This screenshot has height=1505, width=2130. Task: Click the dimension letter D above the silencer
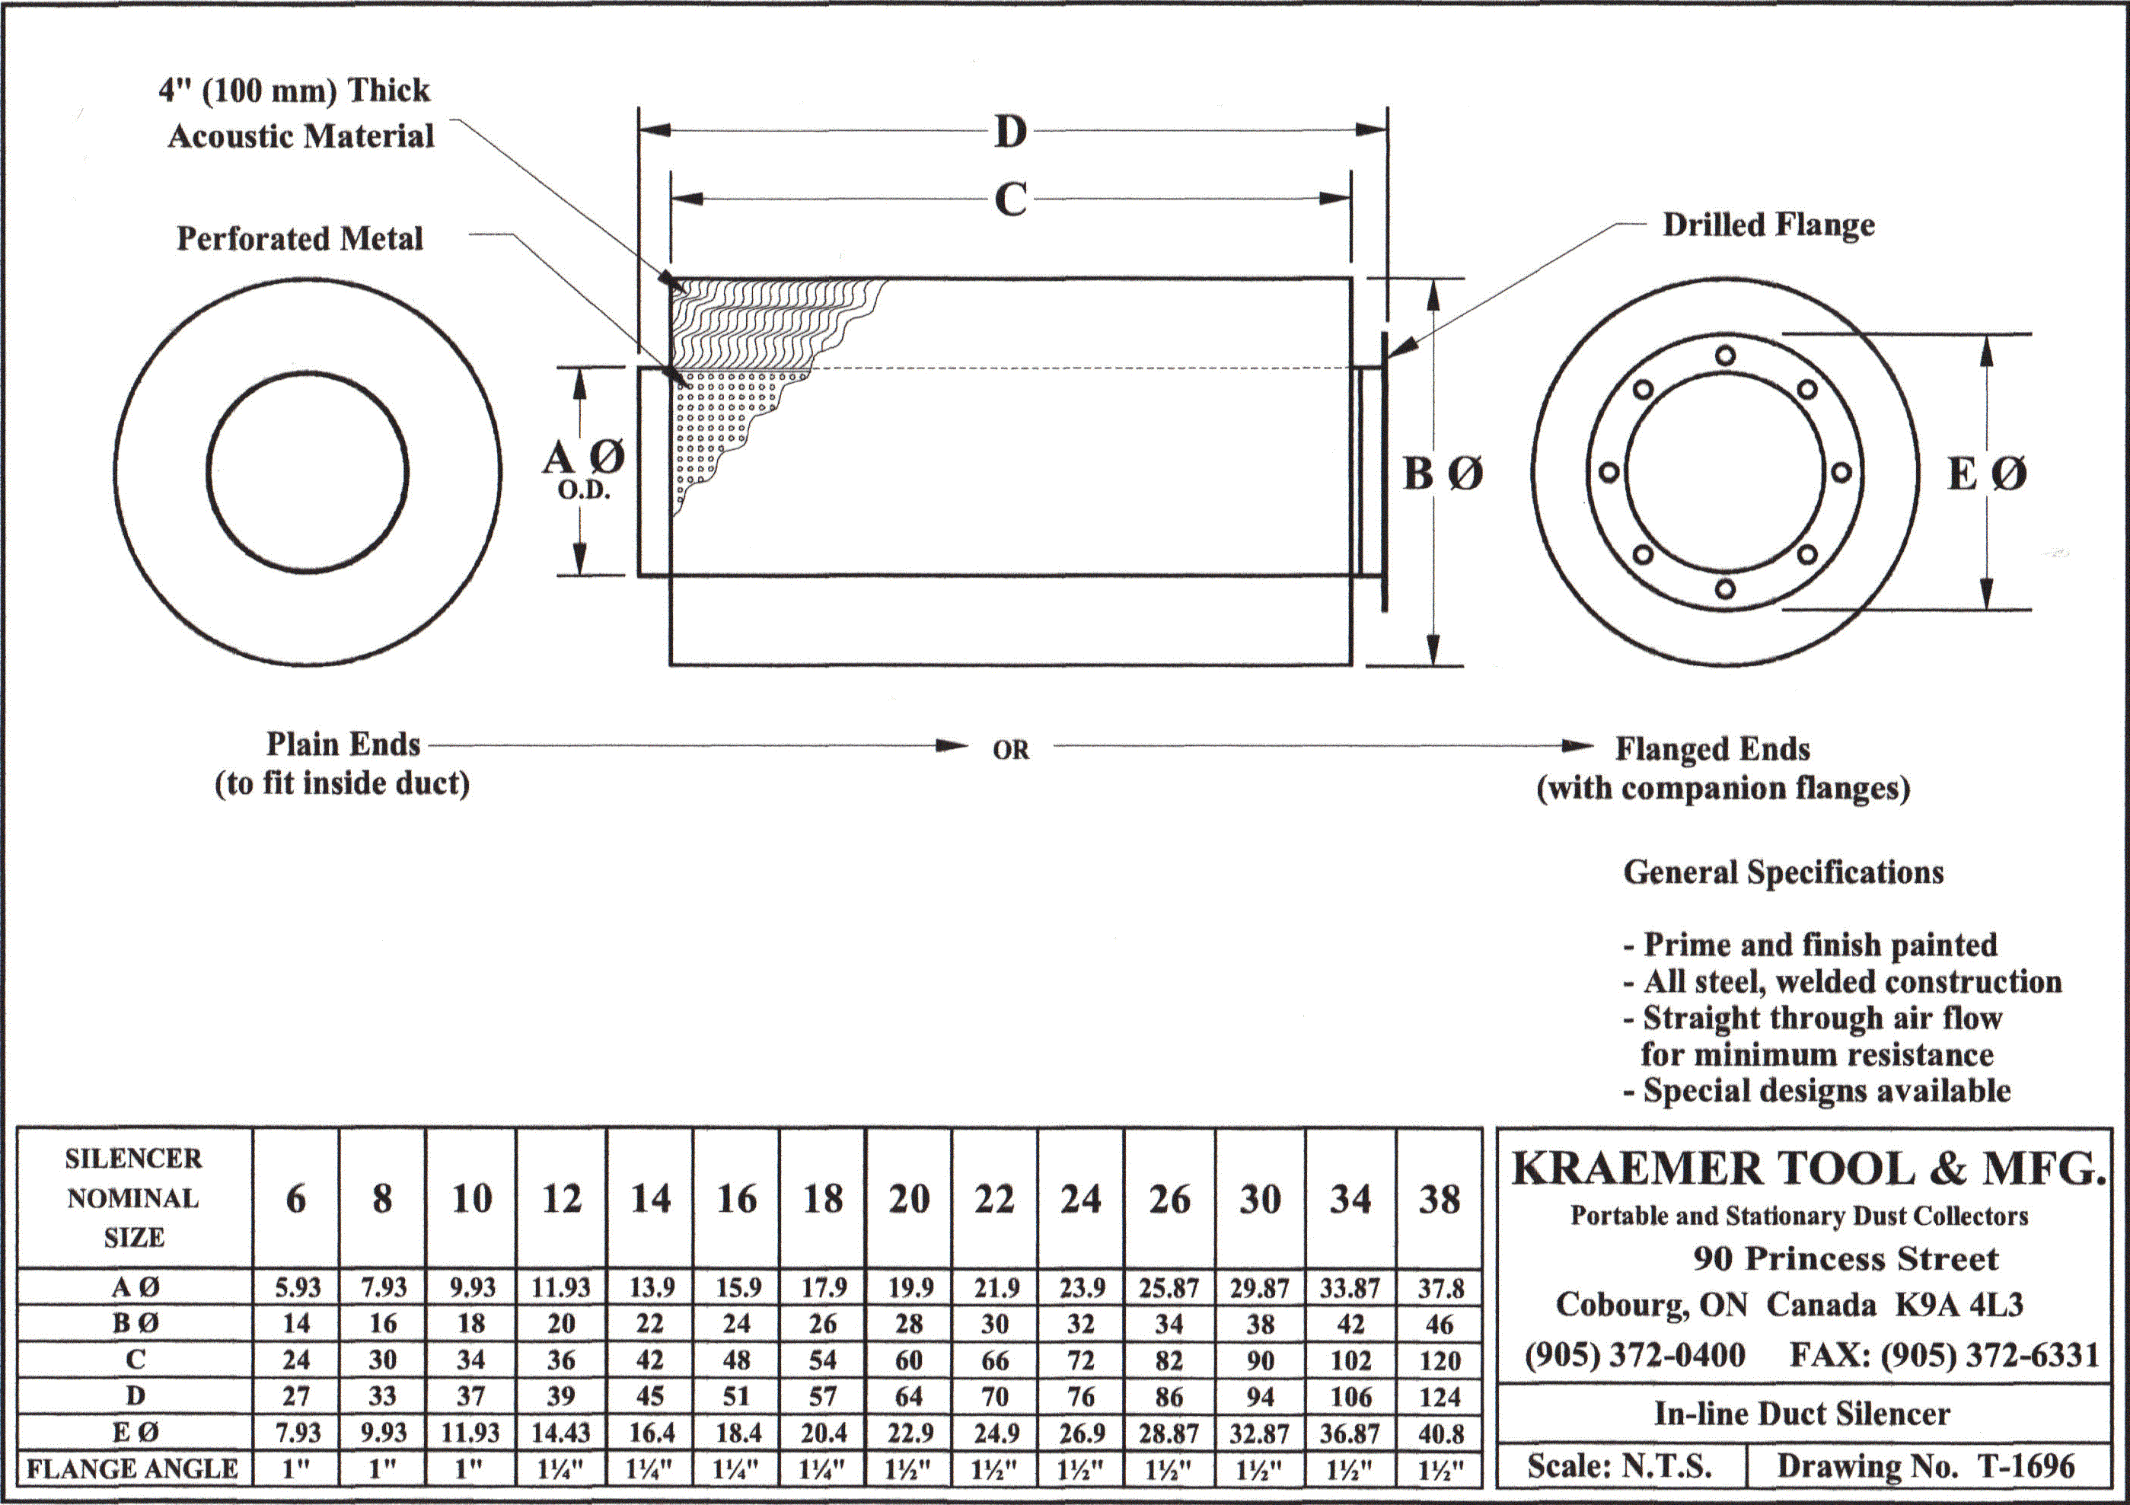tap(1010, 132)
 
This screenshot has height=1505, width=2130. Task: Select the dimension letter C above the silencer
tap(1010, 199)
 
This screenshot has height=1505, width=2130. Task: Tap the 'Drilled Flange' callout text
tap(1768, 225)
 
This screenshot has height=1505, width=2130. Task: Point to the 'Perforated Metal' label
tap(300, 238)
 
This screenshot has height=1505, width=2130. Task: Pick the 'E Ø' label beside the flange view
tap(1987, 474)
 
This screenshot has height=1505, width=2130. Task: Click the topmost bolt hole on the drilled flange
tap(1726, 356)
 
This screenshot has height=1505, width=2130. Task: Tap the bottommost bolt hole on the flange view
tap(1726, 589)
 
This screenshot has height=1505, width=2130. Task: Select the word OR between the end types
tap(1010, 750)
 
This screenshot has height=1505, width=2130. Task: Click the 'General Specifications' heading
tap(1783, 872)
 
